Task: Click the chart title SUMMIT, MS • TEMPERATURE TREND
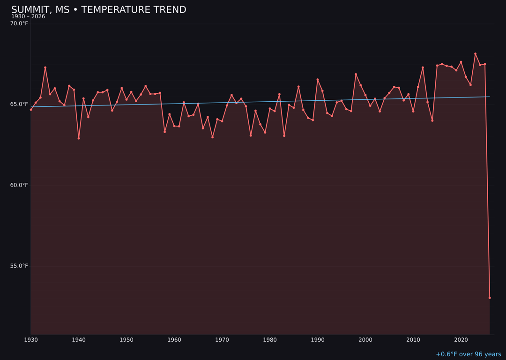click(x=98, y=10)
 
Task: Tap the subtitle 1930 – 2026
click(x=28, y=17)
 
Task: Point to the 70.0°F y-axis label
click(x=19, y=23)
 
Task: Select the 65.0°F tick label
click(x=19, y=104)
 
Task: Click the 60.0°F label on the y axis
click(x=19, y=185)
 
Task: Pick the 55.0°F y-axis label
click(x=19, y=266)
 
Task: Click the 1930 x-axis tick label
click(x=31, y=340)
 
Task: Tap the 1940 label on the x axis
click(x=79, y=340)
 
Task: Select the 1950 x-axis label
click(x=126, y=340)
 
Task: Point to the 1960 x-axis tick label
click(x=174, y=340)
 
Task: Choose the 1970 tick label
click(x=222, y=340)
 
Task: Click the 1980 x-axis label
click(x=270, y=340)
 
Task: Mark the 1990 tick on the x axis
click(x=318, y=340)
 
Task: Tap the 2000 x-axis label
click(x=365, y=340)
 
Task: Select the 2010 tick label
click(x=413, y=340)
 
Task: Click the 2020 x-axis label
click(x=461, y=340)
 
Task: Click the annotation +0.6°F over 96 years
click(x=468, y=354)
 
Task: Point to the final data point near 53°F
click(x=490, y=298)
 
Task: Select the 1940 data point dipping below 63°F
click(x=79, y=138)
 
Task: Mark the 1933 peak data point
click(x=45, y=67)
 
